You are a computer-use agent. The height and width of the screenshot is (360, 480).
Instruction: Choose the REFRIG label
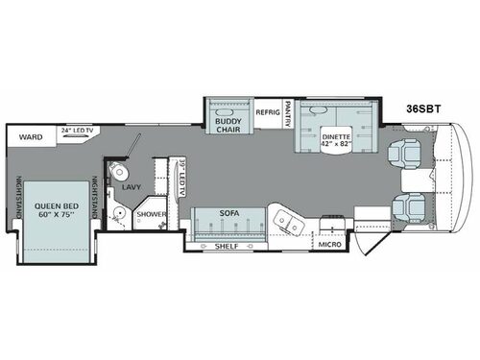(267, 113)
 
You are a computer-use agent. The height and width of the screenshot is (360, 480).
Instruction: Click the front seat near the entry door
(406, 204)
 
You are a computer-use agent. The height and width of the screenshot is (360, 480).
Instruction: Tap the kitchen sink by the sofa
(285, 223)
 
